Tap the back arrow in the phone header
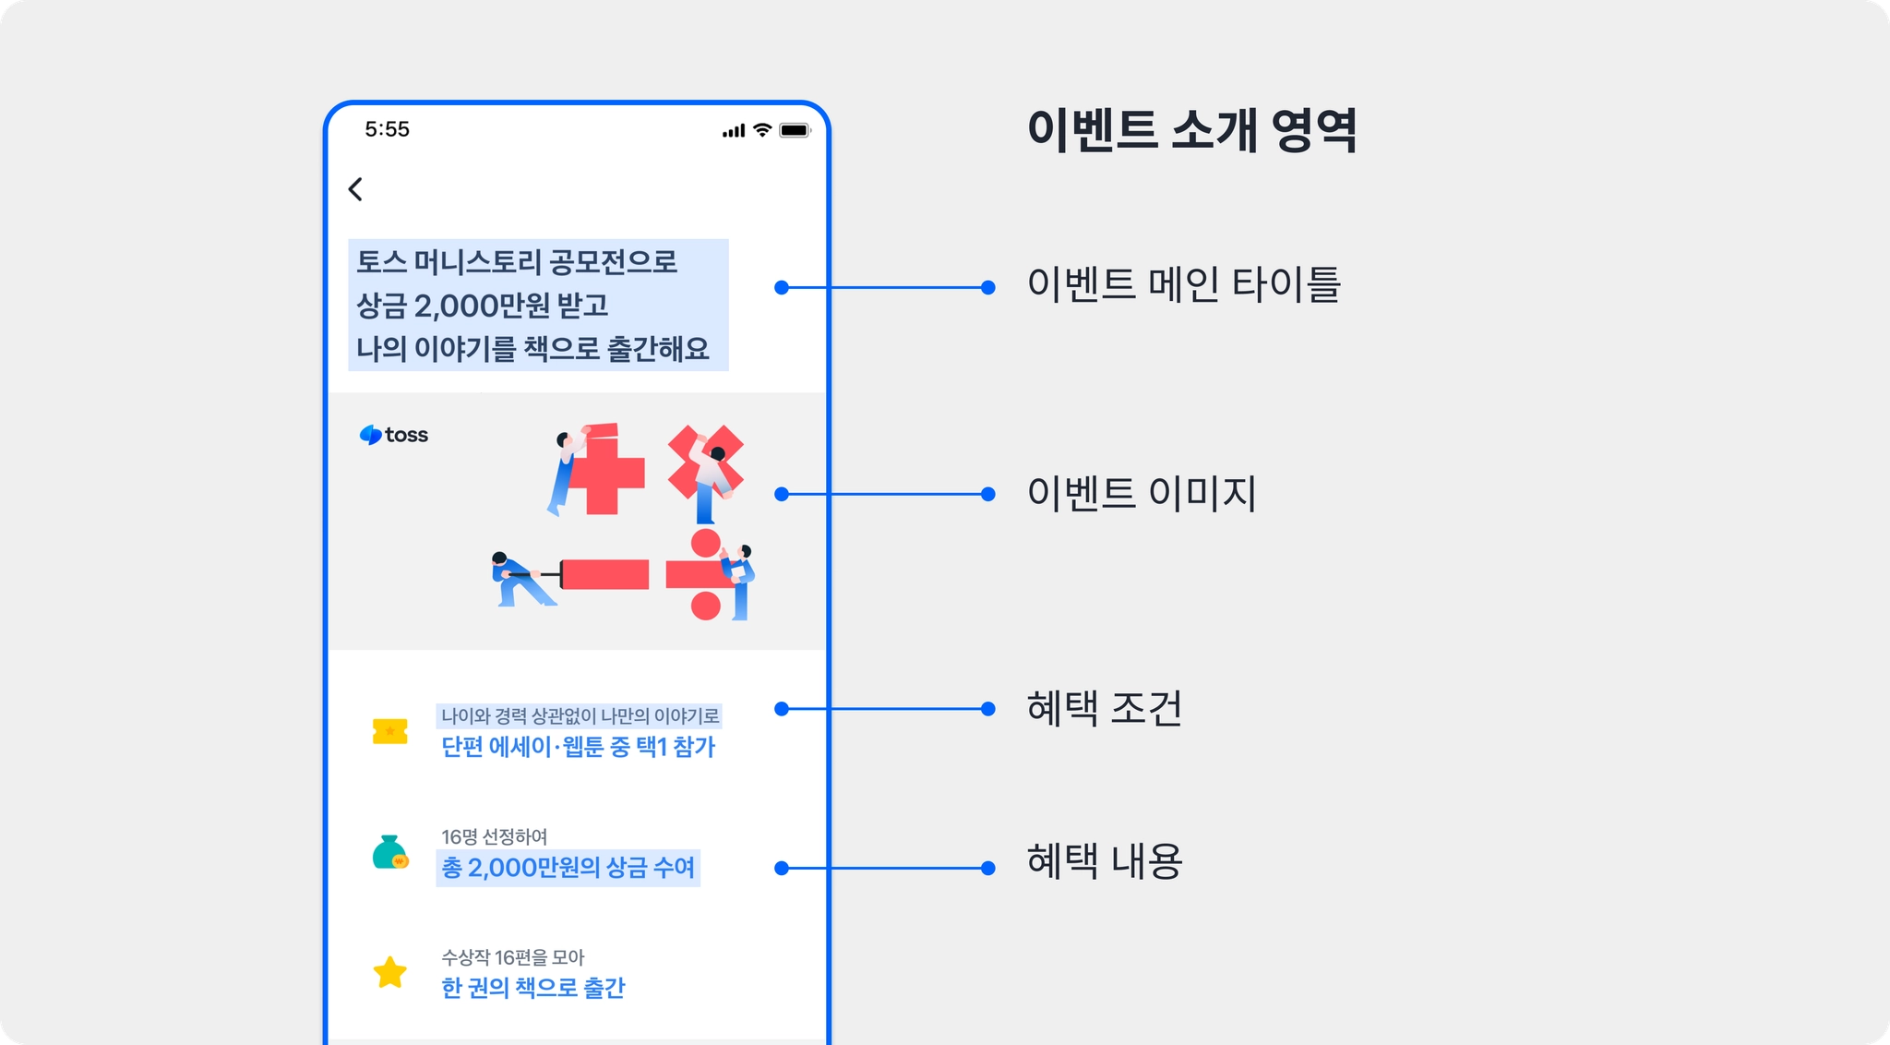click(355, 189)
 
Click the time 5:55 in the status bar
click(387, 129)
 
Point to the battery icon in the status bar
click(794, 130)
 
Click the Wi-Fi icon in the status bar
click(762, 130)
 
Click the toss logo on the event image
click(394, 435)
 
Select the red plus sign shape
click(604, 473)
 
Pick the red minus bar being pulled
click(604, 574)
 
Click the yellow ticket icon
click(389, 731)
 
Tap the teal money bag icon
click(389, 852)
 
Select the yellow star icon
click(389, 972)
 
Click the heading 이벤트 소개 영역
click(1191, 129)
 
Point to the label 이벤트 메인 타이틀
click(1183, 284)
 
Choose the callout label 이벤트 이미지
click(1142, 493)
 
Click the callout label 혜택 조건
click(1104, 708)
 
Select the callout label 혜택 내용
click(1104, 860)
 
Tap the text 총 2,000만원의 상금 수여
click(568, 868)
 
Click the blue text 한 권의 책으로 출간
click(532, 988)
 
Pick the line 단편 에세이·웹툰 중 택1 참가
click(578, 747)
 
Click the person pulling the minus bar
click(519, 580)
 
